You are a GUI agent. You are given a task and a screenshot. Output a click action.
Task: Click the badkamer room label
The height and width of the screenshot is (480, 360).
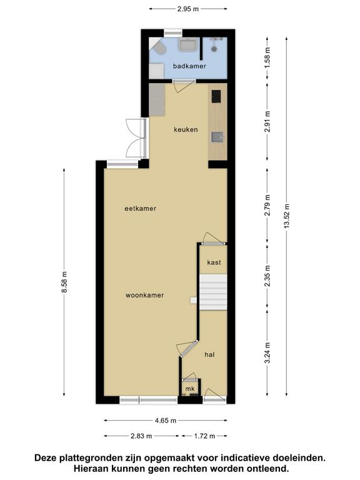pos(189,66)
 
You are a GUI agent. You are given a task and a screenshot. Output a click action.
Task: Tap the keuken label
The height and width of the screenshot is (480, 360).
pos(186,129)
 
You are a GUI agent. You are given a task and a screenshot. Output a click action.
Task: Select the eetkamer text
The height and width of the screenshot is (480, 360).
pos(141,209)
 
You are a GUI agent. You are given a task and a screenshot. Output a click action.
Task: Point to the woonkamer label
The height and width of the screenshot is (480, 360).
pos(145,296)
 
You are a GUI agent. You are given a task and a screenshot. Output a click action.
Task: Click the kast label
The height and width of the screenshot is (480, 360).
pos(214,262)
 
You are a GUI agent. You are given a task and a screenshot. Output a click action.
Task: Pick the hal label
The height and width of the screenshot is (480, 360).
pos(210,354)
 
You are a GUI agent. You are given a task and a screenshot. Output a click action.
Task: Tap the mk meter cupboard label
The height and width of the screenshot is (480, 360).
pos(190,389)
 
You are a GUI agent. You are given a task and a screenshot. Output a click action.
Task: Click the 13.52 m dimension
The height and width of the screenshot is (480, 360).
pos(286,216)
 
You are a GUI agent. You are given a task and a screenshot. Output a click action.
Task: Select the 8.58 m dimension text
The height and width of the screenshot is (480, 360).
pos(64,282)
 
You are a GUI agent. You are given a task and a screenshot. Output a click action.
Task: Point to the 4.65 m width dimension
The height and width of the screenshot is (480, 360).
pos(166,421)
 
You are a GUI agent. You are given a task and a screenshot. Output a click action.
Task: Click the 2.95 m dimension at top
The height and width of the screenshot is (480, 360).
pos(188,9)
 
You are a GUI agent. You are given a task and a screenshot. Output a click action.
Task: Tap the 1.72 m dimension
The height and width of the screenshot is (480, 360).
pos(204,436)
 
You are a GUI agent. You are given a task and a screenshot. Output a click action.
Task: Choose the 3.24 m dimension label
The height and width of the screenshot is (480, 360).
pos(267,352)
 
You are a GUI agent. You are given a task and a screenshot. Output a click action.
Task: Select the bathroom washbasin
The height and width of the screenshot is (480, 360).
pos(187,44)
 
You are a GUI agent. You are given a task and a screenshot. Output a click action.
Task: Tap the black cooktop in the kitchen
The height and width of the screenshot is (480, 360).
pos(216,96)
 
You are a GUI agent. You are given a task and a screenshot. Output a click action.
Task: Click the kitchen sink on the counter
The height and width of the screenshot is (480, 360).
pos(217,137)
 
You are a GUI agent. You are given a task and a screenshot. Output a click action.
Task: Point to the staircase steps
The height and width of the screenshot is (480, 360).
pos(213,292)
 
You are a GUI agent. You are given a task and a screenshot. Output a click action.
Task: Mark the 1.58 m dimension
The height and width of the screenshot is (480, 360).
pos(267,57)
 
